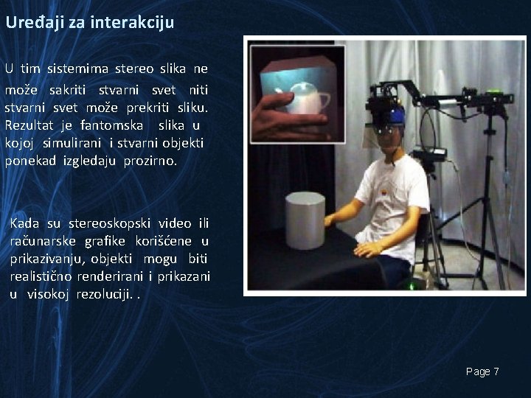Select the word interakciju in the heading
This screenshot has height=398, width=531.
click(x=133, y=22)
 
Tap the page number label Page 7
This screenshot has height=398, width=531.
click(x=482, y=371)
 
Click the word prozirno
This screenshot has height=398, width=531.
click(x=150, y=160)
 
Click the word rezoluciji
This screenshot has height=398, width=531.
click(x=104, y=294)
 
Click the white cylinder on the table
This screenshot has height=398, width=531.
click(x=305, y=220)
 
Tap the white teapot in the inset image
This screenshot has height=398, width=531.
click(x=306, y=97)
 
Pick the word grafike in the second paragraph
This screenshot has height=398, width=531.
click(x=108, y=241)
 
